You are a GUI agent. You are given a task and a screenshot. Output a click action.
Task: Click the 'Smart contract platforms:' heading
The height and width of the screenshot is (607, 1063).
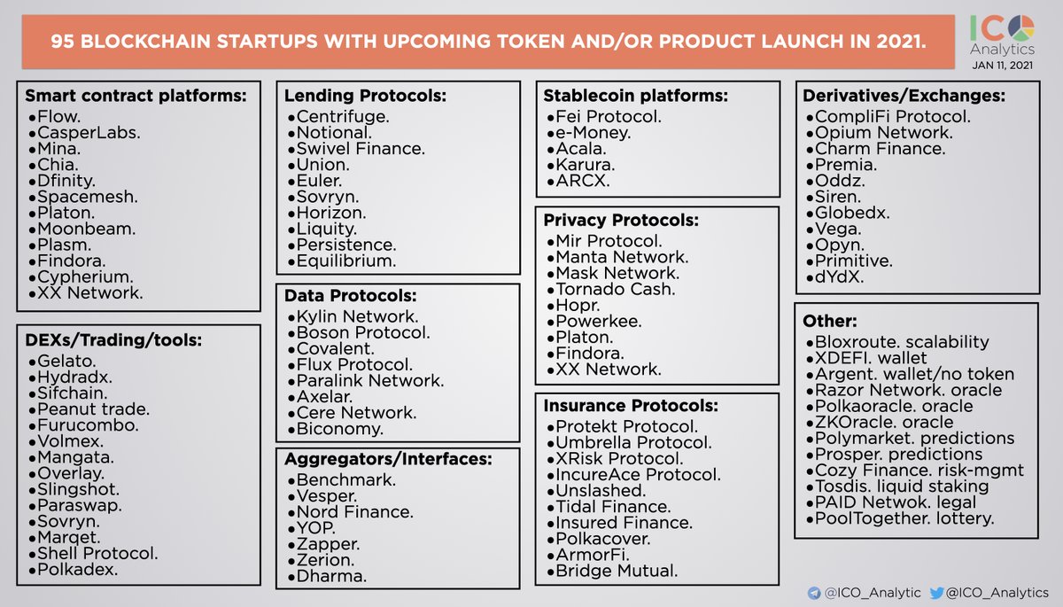pos(135,96)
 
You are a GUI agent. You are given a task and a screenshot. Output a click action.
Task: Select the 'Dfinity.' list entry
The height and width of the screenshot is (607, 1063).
pos(67,181)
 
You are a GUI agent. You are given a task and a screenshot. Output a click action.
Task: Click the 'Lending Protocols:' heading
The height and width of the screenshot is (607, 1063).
pos(365,95)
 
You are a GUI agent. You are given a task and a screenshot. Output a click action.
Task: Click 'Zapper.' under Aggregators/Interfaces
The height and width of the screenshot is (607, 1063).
pos(328,544)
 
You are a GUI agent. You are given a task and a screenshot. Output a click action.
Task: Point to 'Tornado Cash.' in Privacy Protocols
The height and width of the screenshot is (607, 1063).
pos(616,289)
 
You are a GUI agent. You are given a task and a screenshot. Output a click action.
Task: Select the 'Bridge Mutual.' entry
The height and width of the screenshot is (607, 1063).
pos(617,571)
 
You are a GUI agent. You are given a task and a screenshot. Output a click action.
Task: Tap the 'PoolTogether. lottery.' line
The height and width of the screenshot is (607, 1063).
pos(904,518)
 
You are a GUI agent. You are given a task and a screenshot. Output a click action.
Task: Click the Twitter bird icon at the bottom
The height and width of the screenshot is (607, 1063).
pos(938,592)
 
